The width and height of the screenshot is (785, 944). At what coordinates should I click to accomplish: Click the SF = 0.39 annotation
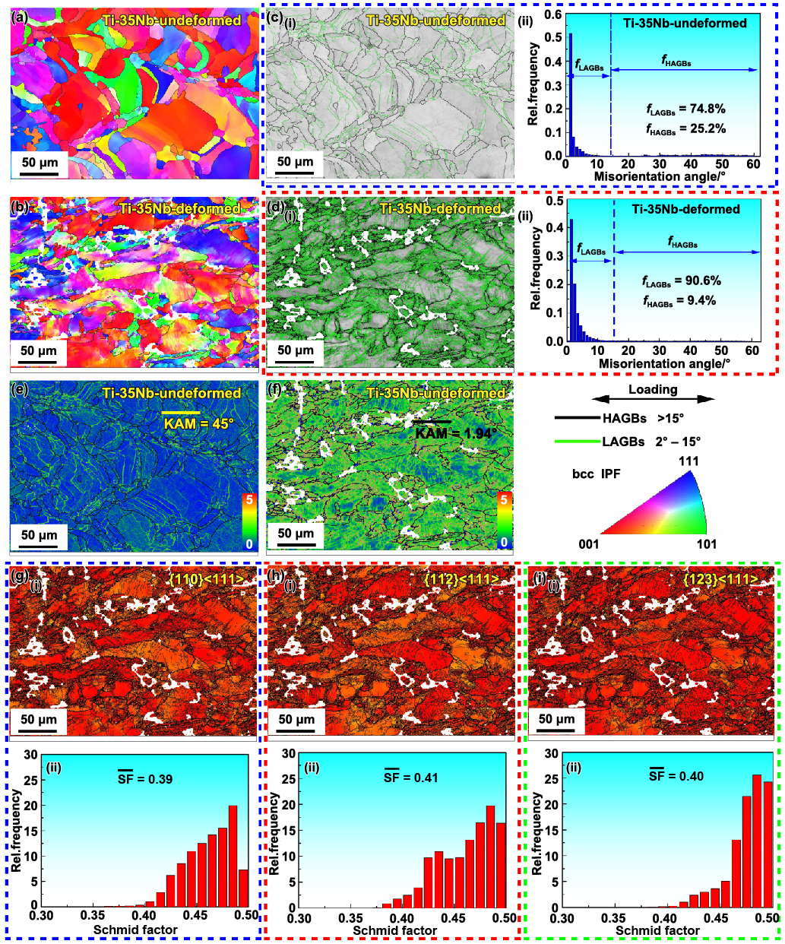click(144, 779)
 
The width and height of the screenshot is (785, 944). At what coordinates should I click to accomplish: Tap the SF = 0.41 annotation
click(410, 778)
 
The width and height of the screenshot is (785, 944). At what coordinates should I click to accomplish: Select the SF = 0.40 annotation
click(676, 776)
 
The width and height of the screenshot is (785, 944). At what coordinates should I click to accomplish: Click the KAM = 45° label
click(198, 423)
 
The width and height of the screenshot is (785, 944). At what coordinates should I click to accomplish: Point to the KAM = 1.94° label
click(455, 433)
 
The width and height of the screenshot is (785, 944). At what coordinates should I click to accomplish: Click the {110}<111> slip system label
click(207, 580)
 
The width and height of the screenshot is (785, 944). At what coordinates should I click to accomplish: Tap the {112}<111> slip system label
click(461, 580)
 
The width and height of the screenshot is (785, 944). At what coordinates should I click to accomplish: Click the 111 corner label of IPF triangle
click(688, 461)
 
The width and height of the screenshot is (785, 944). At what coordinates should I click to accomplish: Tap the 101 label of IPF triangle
click(706, 543)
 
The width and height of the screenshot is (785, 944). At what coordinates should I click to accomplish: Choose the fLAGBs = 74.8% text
click(685, 109)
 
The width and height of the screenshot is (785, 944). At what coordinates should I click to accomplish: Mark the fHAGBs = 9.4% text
click(681, 300)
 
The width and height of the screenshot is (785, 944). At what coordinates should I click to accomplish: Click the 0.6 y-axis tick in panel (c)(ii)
click(554, 14)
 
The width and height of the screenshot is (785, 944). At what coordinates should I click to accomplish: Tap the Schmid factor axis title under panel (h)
click(394, 930)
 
